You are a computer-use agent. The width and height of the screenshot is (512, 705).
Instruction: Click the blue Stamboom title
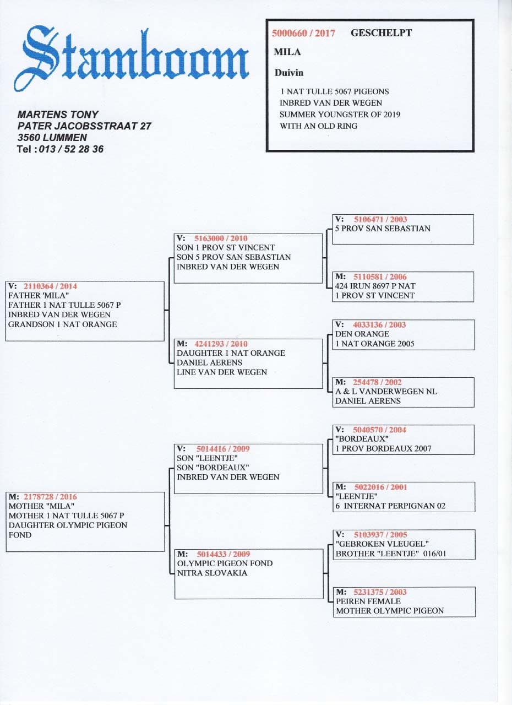(x=132, y=55)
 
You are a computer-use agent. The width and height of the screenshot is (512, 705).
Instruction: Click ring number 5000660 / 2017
(x=303, y=33)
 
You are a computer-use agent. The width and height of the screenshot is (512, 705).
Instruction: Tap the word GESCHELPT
(x=381, y=32)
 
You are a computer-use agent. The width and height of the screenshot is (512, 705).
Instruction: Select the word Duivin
(x=288, y=73)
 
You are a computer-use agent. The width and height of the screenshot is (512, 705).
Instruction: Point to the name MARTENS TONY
(x=58, y=115)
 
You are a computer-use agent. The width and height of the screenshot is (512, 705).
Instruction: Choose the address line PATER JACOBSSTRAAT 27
(x=84, y=126)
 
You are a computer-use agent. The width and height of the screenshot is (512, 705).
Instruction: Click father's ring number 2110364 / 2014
(x=50, y=286)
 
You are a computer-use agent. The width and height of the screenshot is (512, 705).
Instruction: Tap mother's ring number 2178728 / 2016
(x=50, y=497)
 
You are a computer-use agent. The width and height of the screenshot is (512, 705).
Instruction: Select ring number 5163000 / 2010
(x=221, y=238)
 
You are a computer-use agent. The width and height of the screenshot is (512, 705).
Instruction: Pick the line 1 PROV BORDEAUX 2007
(x=383, y=448)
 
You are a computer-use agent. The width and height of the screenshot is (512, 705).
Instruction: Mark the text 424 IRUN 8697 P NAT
(x=375, y=286)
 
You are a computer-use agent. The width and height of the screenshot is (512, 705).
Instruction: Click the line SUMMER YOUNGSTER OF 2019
(x=340, y=115)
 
